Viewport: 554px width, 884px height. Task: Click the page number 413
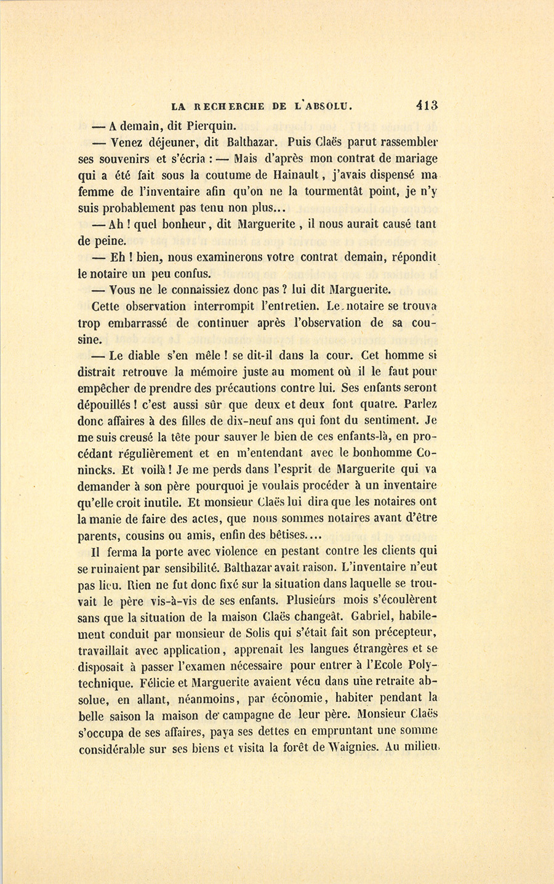point(427,105)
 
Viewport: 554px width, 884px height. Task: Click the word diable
point(140,355)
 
